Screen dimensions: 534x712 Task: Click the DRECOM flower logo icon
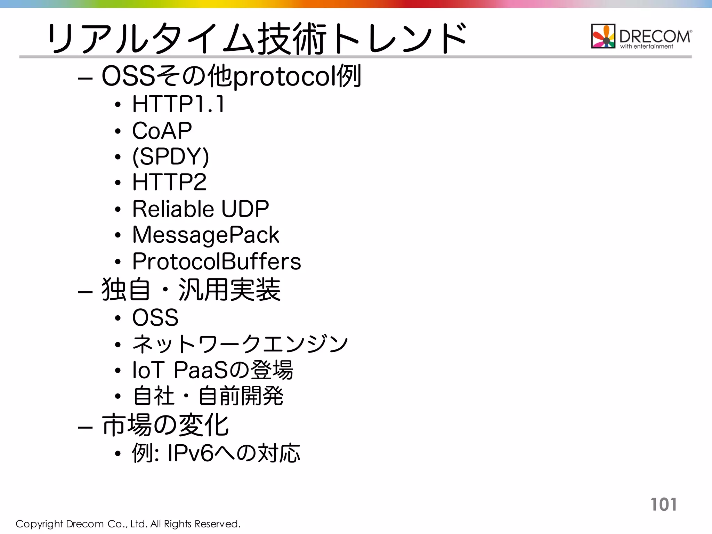click(x=603, y=36)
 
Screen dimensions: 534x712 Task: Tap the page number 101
click(x=663, y=504)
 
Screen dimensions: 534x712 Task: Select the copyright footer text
click(x=128, y=524)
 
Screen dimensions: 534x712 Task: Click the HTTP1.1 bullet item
click(x=178, y=104)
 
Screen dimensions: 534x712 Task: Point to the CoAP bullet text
click(x=162, y=130)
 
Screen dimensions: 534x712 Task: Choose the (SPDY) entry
click(x=171, y=156)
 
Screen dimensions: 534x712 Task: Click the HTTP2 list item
click(x=169, y=182)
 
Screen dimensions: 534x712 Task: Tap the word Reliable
click(x=173, y=209)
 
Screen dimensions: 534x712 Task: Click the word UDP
click(x=245, y=209)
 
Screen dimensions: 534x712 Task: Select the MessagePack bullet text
click(x=205, y=235)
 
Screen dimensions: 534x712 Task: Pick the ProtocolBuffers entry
click(x=217, y=261)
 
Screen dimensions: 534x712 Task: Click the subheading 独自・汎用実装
click(x=191, y=290)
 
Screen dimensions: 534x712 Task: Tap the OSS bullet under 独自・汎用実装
click(x=155, y=317)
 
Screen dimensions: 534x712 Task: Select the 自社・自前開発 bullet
click(x=208, y=396)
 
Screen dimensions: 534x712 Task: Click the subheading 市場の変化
click(x=165, y=425)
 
